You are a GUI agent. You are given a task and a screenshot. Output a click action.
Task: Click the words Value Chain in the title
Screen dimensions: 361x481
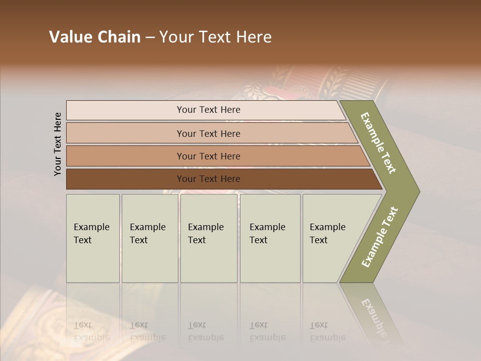click(95, 37)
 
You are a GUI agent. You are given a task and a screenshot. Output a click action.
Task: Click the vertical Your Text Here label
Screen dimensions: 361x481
click(58, 144)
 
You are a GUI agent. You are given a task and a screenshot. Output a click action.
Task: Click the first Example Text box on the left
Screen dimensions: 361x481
click(93, 238)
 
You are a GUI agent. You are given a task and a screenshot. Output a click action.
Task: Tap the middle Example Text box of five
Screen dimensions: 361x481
click(208, 238)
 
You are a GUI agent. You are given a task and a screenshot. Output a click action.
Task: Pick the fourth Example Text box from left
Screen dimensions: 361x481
click(270, 238)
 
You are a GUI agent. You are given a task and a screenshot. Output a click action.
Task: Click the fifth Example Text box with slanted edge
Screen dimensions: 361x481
click(331, 238)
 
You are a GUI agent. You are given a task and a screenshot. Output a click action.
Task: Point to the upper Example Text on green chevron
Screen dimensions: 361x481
click(378, 143)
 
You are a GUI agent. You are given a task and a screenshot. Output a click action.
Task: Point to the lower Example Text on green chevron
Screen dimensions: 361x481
click(380, 237)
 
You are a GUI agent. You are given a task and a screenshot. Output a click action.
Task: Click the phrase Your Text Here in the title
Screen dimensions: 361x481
click(215, 37)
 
